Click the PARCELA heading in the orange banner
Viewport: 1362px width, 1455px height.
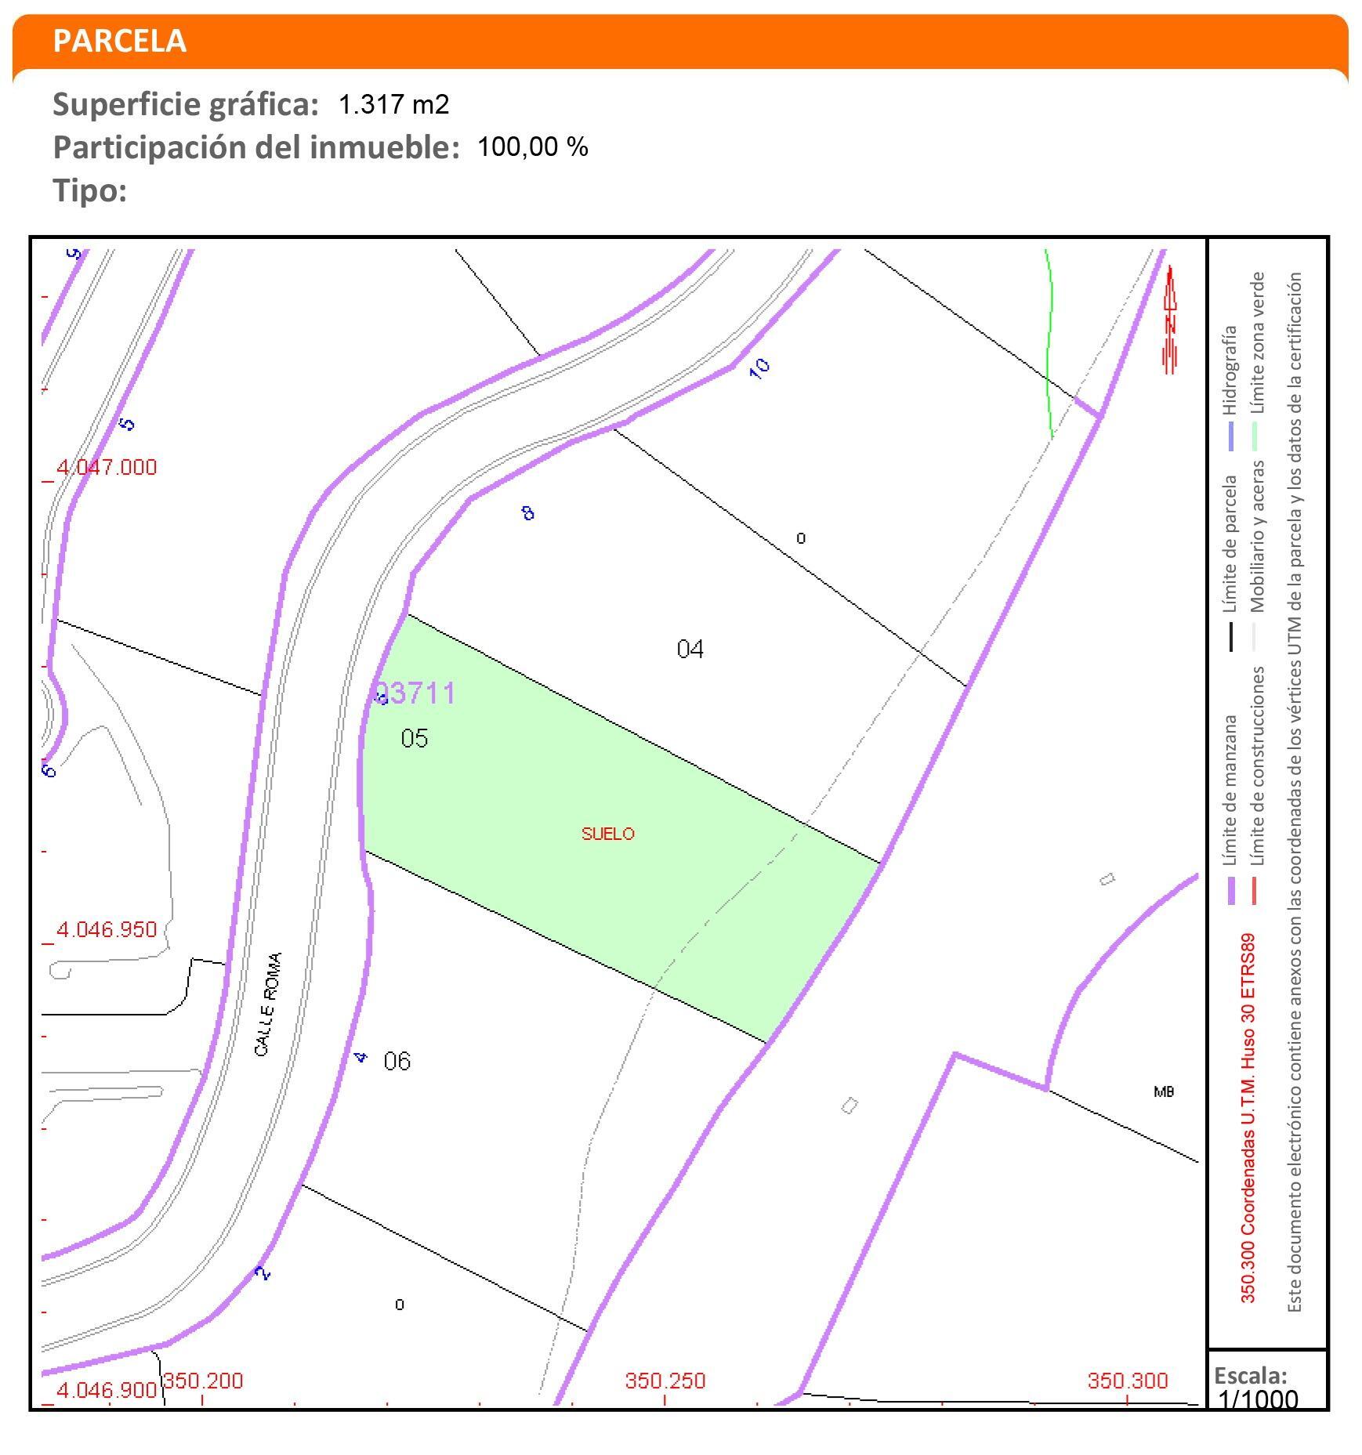[119, 41]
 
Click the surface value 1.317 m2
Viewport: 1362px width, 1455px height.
[393, 104]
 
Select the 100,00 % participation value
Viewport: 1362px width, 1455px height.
[532, 147]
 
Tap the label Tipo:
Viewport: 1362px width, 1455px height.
[89, 190]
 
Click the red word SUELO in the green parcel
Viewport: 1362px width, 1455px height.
[607, 834]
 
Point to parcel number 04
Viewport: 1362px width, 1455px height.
[690, 649]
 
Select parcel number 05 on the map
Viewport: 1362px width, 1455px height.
[414, 738]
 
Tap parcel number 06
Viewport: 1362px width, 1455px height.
[397, 1061]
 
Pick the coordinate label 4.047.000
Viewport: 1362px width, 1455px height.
[107, 467]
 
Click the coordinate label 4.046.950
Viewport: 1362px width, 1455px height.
[107, 929]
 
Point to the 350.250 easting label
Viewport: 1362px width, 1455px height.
[665, 1380]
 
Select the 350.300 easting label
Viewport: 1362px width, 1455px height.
[1127, 1380]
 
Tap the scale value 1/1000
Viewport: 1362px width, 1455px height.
[1259, 1399]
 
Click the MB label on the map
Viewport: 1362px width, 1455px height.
[1164, 1091]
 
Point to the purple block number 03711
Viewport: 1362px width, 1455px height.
[415, 693]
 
